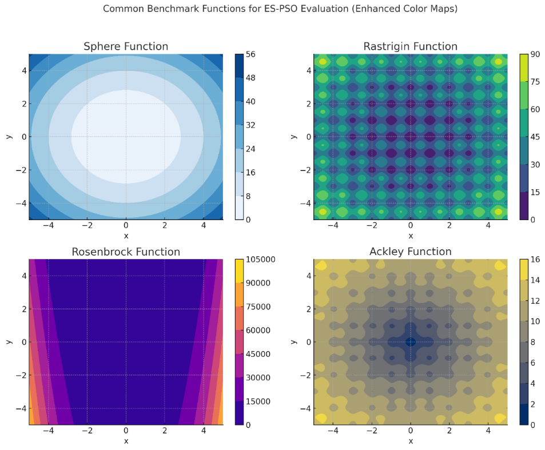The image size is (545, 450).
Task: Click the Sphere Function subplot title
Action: click(x=126, y=46)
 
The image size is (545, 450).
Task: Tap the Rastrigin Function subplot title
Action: click(x=410, y=46)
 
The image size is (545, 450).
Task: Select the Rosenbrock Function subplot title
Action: click(x=126, y=252)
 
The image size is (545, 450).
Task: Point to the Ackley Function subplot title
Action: click(x=410, y=252)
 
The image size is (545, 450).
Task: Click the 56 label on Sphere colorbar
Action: click(x=251, y=54)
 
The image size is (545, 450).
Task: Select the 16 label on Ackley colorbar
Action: click(x=536, y=260)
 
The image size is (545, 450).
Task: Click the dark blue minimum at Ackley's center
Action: click(x=410, y=342)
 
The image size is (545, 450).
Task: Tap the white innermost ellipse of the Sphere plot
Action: click(x=126, y=136)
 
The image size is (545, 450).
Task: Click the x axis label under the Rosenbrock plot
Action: click(x=126, y=441)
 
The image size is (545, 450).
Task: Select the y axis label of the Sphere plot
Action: click(x=9, y=137)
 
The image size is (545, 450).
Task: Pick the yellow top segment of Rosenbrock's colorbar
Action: click(x=238, y=270)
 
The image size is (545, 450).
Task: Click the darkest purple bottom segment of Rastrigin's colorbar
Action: click(x=523, y=206)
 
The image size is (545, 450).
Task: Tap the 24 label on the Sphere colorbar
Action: click(x=251, y=149)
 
